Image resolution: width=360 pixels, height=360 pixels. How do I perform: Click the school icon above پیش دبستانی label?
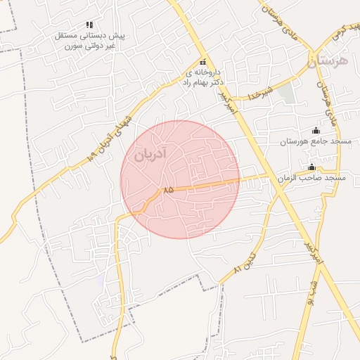click(x=89, y=25)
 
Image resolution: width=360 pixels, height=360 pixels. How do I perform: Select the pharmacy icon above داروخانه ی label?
click(x=203, y=62)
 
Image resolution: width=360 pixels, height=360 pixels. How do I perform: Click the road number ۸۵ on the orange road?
click(x=168, y=190)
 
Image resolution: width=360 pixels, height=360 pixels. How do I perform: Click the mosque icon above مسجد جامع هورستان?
click(x=315, y=130)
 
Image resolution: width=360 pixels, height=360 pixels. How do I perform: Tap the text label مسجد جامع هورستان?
click(x=315, y=142)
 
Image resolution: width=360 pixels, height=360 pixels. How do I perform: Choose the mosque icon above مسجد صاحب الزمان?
click(x=311, y=167)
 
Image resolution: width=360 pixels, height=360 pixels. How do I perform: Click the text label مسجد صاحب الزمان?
click(x=311, y=179)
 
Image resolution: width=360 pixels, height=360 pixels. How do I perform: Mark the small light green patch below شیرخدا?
click(x=285, y=94)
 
